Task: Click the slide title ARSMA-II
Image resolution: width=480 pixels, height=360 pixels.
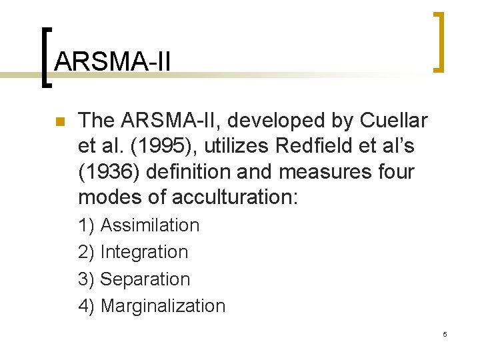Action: coord(113,62)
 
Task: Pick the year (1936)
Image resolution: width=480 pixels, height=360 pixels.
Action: coord(107,172)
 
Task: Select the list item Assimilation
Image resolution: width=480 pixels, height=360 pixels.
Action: coord(149,225)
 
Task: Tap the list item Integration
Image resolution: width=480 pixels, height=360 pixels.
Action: coord(144,252)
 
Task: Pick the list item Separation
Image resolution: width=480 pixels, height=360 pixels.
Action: coord(145,279)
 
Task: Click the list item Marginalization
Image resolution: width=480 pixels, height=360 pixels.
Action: coord(163,306)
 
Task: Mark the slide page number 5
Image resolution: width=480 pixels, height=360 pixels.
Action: coord(445,333)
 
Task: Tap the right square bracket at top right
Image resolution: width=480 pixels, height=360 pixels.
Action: coord(438,41)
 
